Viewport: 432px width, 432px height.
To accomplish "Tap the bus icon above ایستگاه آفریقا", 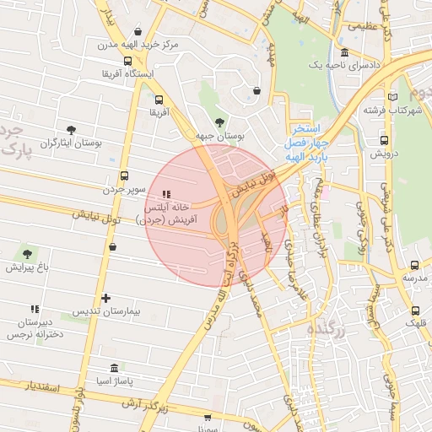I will coord(127,61).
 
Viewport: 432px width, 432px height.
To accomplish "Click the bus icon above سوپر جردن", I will coord(125,175).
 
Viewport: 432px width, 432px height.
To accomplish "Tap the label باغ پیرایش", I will coord(27,267).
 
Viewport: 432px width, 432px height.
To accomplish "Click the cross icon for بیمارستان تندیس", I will coord(105,298).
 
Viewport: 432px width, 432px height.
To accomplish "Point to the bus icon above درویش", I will coord(385,141).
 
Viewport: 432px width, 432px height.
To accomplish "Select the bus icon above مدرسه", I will coord(413,264).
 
